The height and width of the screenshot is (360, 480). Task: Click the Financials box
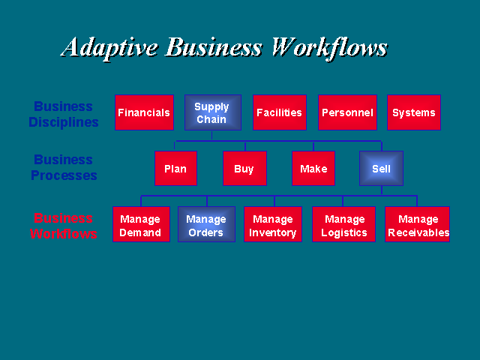[144, 112]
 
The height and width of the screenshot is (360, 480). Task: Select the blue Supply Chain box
[213, 112]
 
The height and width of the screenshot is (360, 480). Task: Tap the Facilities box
[280, 112]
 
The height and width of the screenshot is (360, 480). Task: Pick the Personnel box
[347, 112]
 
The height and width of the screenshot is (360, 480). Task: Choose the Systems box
[414, 112]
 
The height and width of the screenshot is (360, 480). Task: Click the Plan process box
[175, 168]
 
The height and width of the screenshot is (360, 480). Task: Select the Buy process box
[244, 168]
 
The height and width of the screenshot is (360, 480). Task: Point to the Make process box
[313, 168]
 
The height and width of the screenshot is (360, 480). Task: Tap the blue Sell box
[381, 168]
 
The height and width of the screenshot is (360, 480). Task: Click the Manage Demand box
[141, 224]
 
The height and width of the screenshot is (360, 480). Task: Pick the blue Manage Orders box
[207, 224]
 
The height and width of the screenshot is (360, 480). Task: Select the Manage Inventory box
[273, 224]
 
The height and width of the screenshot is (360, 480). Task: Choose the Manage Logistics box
[343, 224]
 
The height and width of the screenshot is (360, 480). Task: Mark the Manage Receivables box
[417, 224]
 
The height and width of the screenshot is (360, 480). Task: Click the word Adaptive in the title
[109, 48]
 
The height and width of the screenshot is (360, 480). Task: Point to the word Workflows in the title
[330, 48]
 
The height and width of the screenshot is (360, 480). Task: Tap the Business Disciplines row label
[63, 114]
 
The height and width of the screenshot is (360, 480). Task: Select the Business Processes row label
[64, 167]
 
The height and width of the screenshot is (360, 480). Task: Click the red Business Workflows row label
[63, 226]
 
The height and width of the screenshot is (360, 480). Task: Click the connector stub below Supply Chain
[211, 136]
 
